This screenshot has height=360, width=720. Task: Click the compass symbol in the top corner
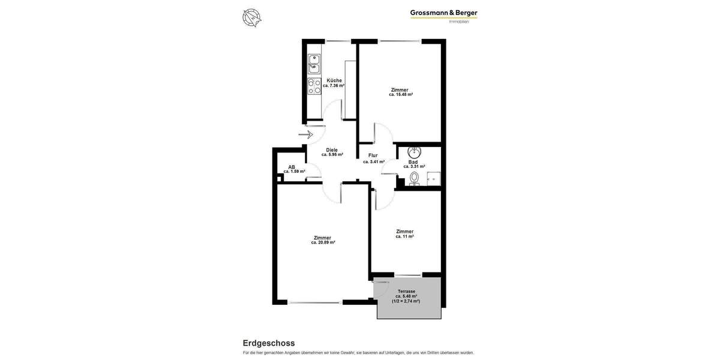click(x=251, y=18)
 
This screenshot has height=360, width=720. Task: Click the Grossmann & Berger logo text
click(x=443, y=13)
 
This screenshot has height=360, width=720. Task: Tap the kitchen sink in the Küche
click(x=314, y=62)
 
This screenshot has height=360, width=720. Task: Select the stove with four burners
click(x=314, y=87)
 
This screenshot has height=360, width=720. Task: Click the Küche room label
click(x=334, y=80)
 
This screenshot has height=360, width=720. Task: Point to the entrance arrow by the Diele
click(x=306, y=134)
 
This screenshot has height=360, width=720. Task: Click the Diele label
click(x=332, y=150)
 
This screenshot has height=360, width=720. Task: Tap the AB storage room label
click(x=292, y=167)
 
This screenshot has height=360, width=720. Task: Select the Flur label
click(x=373, y=155)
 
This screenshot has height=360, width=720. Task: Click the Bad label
click(x=413, y=162)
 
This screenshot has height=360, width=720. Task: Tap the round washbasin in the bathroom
click(x=415, y=151)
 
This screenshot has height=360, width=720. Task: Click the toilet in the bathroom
click(x=414, y=178)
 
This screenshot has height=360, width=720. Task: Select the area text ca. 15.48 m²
click(x=400, y=95)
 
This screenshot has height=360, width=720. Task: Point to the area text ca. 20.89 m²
click(x=323, y=242)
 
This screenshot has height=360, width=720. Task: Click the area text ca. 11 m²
click(x=404, y=236)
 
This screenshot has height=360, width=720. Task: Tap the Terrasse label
click(x=406, y=291)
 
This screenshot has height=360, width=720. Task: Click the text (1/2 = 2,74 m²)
click(x=406, y=301)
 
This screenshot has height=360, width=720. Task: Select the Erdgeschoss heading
click(x=269, y=343)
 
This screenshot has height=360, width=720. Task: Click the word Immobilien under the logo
click(x=459, y=22)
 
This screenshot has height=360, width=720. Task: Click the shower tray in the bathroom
click(x=433, y=179)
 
